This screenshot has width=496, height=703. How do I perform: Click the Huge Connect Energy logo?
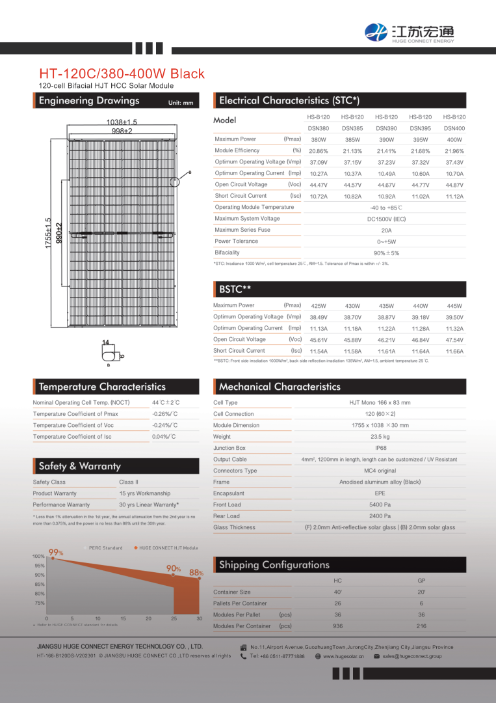coord(410,31)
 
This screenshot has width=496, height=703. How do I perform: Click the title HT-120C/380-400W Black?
coord(122,74)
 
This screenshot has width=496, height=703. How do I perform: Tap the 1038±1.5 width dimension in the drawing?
coord(122,122)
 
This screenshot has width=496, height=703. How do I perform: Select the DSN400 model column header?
coord(454,128)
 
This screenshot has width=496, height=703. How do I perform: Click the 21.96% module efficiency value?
coord(454,151)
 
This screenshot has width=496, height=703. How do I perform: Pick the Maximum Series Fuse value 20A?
coord(386,230)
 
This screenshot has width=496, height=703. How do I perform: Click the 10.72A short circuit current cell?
coord(319,196)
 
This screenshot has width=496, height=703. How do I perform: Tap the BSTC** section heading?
coord(235,289)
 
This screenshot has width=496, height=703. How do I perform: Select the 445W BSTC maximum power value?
coord(454,306)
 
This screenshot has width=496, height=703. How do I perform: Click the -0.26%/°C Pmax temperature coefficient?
coord(164,414)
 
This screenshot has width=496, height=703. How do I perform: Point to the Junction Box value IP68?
coord(380,448)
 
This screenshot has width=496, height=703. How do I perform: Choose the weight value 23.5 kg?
coord(380,437)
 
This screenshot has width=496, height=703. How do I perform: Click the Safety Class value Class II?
coord(129,482)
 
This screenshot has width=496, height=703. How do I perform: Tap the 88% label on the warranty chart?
coord(196,573)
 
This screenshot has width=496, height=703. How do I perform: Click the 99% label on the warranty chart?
coord(56,553)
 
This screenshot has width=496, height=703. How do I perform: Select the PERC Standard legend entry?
coord(105,548)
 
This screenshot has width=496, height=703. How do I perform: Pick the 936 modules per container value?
coord(337,626)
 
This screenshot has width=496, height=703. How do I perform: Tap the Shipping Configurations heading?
coord(274,565)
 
